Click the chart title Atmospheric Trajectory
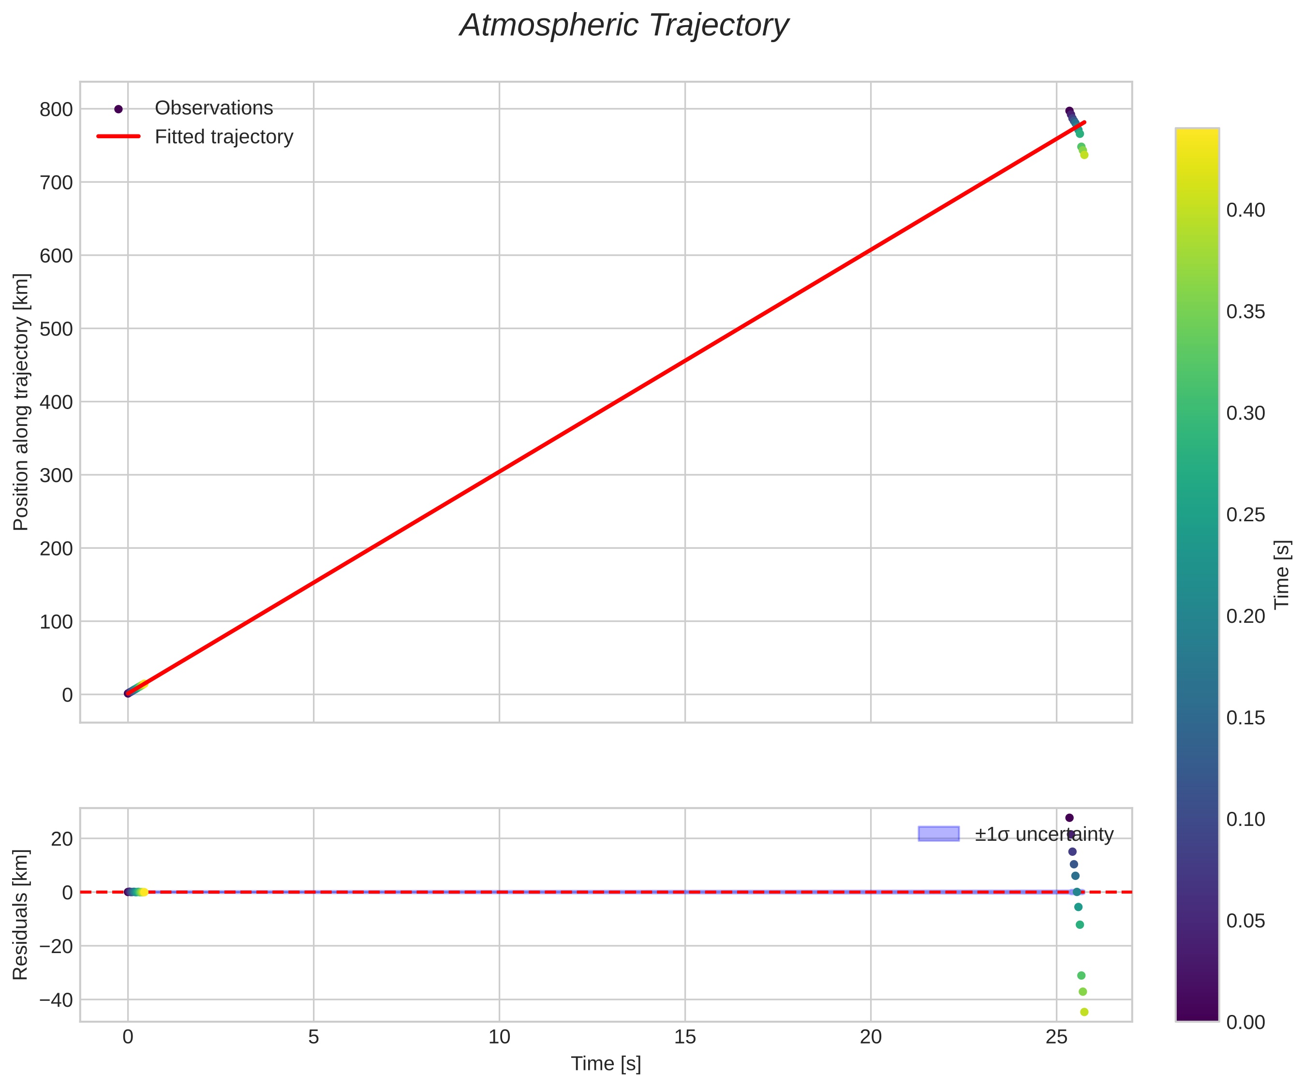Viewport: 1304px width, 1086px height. (x=623, y=26)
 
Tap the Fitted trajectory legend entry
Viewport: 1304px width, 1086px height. (x=223, y=137)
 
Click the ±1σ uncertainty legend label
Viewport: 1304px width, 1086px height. (x=1044, y=834)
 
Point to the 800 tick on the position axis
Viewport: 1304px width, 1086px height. (x=56, y=110)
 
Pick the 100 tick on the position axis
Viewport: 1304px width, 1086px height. (x=56, y=621)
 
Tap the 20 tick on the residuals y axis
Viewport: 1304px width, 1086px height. (x=61, y=839)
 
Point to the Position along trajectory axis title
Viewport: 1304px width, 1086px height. (x=21, y=402)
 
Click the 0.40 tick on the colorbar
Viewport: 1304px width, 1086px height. (x=1245, y=210)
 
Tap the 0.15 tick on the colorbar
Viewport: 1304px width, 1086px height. (x=1245, y=718)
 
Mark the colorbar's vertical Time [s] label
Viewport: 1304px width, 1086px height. (x=1282, y=574)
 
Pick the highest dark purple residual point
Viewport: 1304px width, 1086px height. (x=1069, y=818)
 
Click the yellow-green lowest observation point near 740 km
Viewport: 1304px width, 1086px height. (x=1084, y=155)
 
